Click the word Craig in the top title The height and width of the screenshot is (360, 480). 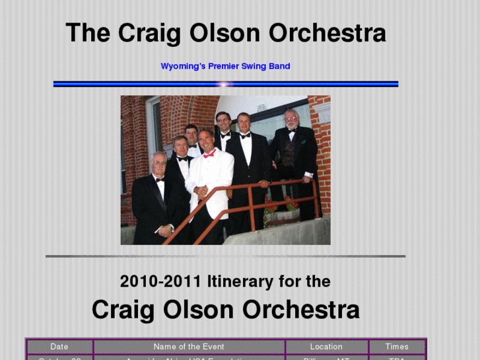coord(149,34)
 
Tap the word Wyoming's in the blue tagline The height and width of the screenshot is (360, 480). coord(183,66)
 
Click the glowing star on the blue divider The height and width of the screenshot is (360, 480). coord(226,84)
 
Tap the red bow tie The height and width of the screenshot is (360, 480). coord(209,155)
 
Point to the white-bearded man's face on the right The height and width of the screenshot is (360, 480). coord(291,120)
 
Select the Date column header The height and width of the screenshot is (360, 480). coord(59,347)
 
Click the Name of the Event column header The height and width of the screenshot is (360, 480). coord(189,347)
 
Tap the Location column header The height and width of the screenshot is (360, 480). coord(326,347)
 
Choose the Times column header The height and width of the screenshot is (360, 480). coord(397,347)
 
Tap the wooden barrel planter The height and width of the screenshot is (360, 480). coord(284,217)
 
